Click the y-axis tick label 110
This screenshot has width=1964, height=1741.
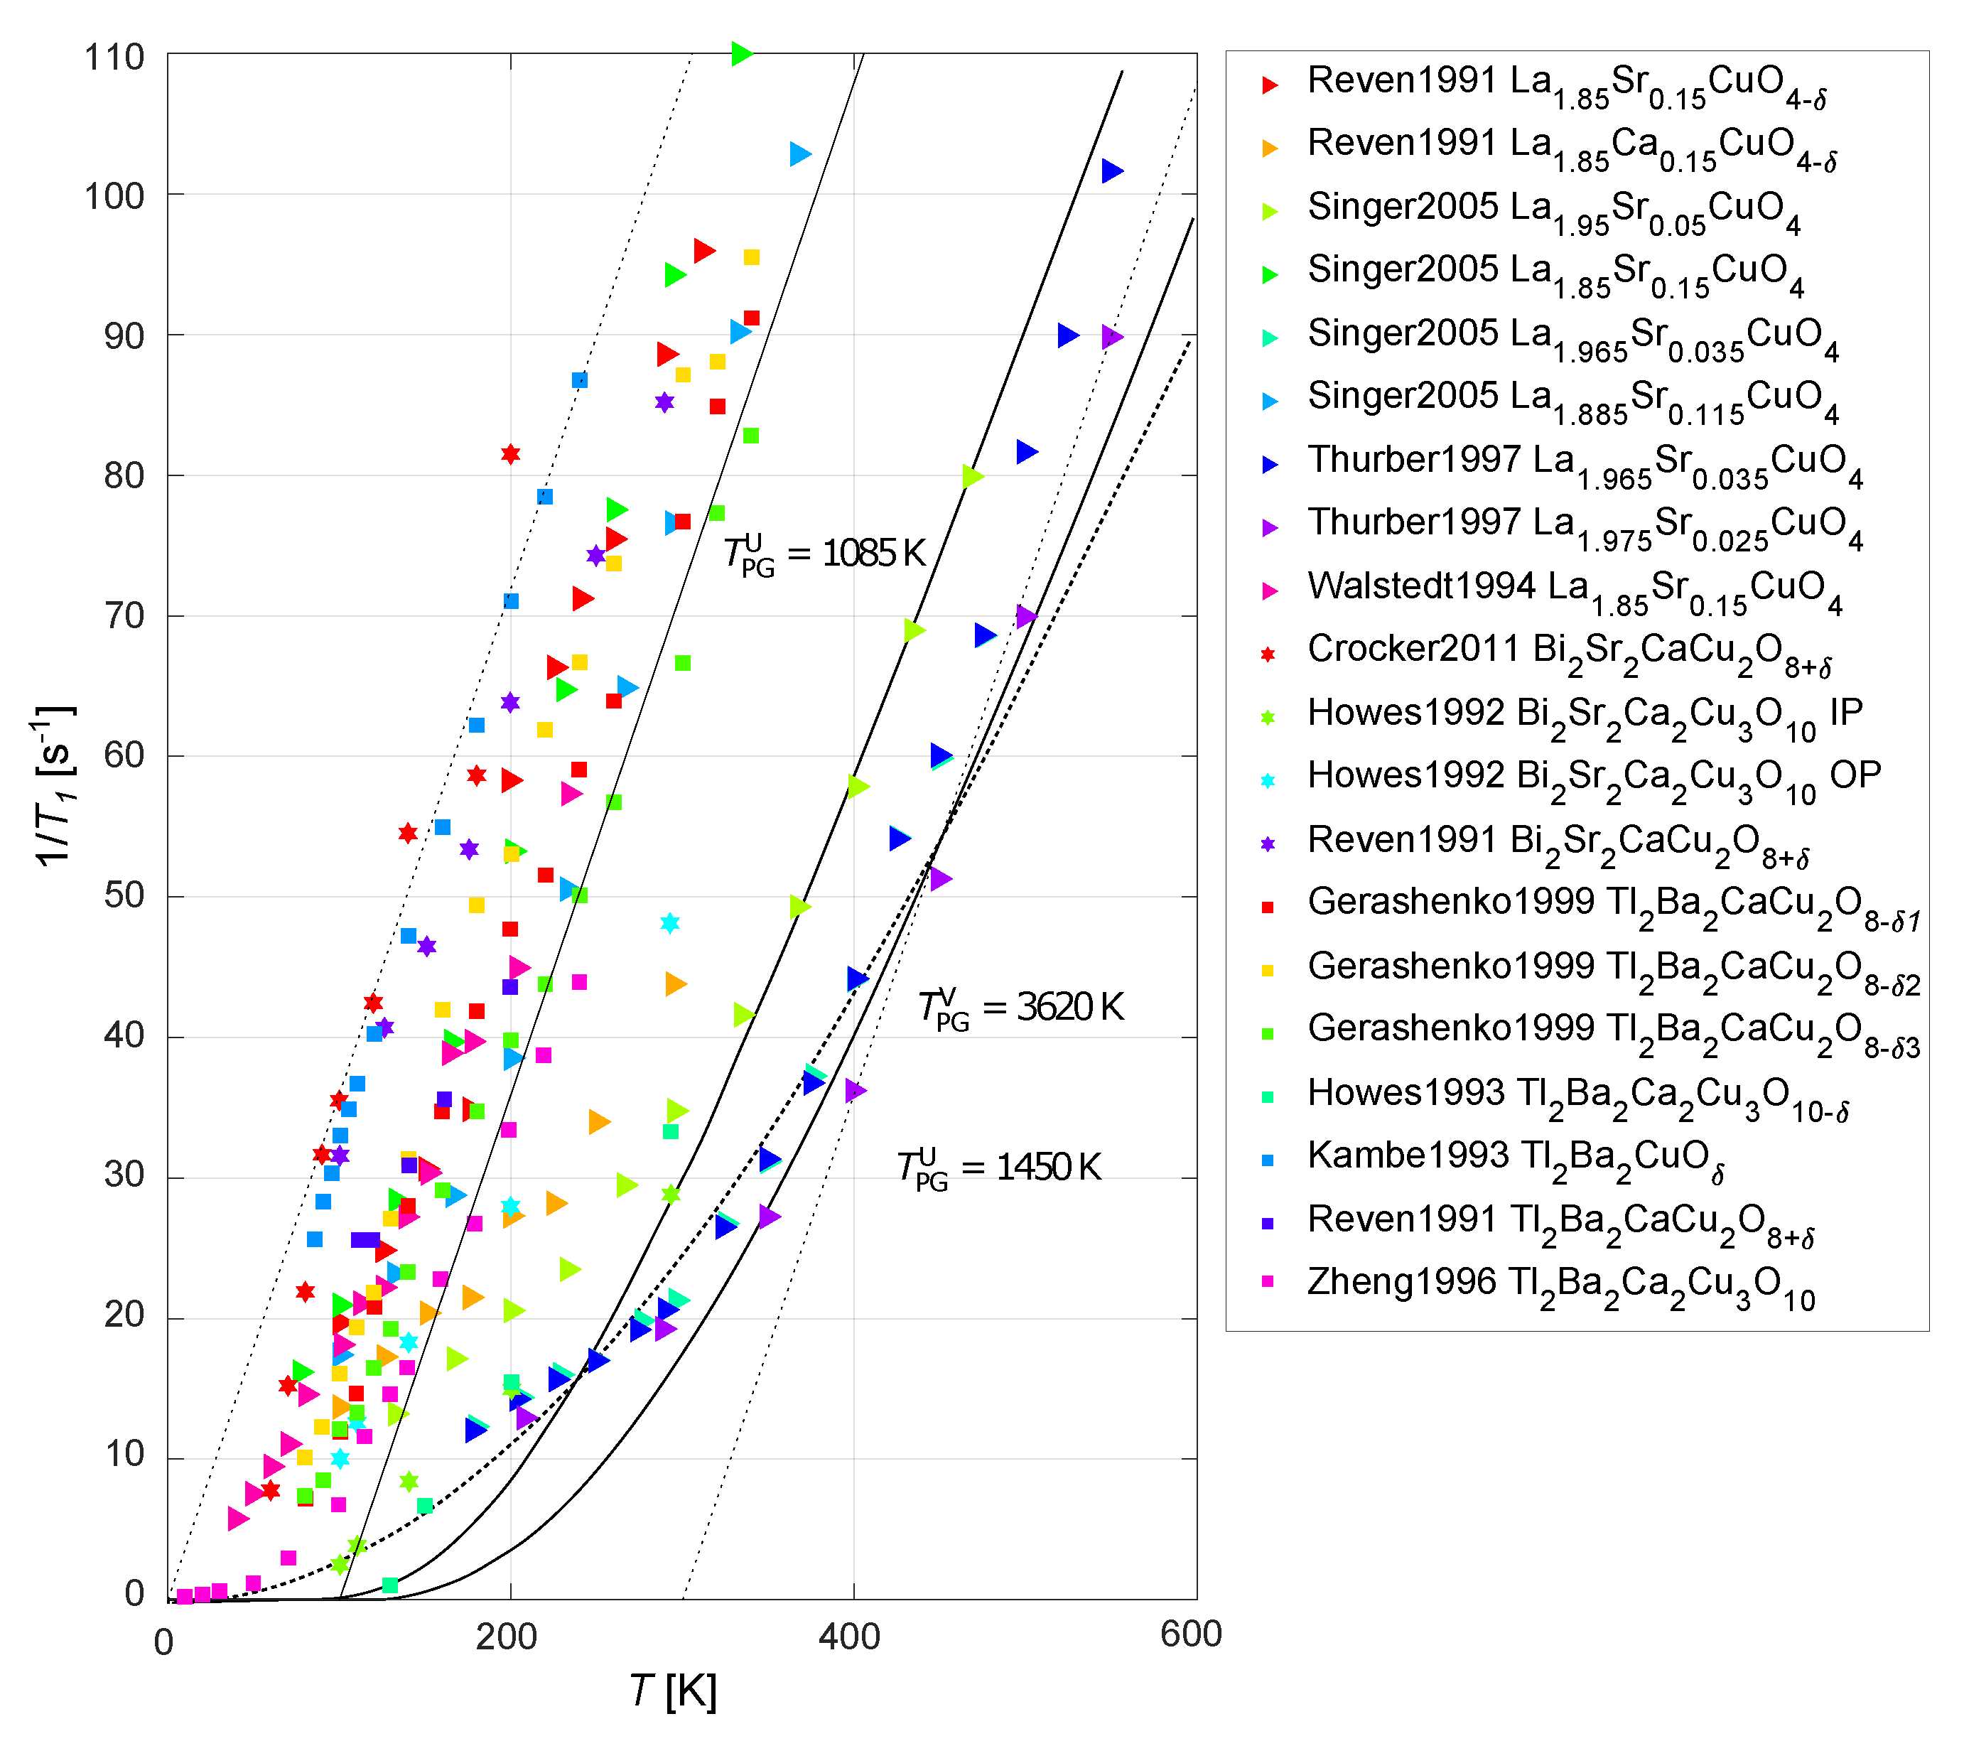(x=114, y=58)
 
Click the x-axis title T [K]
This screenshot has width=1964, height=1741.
(x=673, y=1692)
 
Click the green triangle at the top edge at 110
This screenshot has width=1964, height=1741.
(x=741, y=54)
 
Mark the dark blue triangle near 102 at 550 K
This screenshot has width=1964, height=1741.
(x=1112, y=172)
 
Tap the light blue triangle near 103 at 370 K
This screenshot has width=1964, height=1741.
(x=799, y=153)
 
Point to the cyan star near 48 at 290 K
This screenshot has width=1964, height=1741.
(x=670, y=923)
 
